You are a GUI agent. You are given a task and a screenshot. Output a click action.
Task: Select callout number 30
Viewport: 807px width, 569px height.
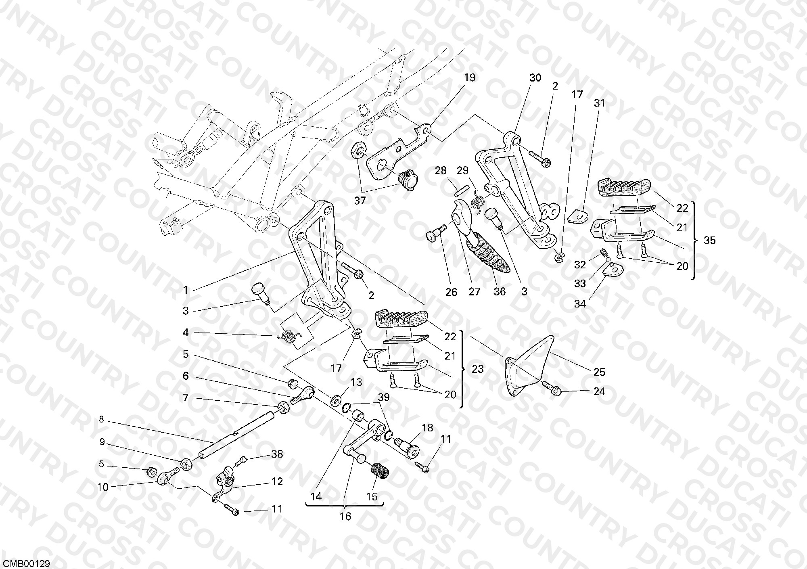point(535,77)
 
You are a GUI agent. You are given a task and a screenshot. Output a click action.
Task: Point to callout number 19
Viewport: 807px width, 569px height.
point(470,77)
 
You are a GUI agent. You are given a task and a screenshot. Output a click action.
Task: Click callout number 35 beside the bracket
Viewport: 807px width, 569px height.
point(709,241)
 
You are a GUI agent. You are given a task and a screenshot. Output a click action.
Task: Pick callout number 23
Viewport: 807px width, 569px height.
point(477,369)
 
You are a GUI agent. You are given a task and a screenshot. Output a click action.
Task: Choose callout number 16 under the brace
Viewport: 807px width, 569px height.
point(345,516)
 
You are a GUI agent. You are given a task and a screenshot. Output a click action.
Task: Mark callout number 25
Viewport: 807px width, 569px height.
point(599,372)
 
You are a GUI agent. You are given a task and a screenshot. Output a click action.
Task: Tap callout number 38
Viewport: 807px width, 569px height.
point(277,454)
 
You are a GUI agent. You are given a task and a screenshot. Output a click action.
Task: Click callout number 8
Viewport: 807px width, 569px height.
point(101,420)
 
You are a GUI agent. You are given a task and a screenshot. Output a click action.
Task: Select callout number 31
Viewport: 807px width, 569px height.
point(600,103)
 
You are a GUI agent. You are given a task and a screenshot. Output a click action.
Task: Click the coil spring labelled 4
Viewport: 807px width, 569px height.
point(289,336)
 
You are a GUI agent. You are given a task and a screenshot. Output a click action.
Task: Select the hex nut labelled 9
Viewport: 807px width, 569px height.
point(186,465)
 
